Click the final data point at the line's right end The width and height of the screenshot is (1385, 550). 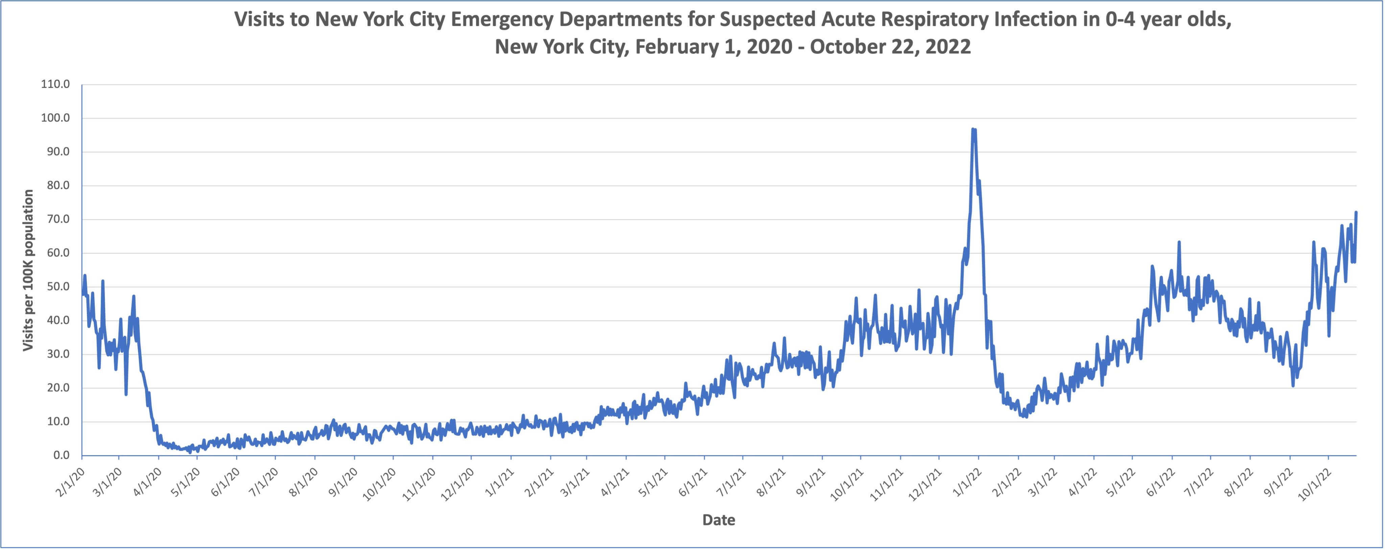pyautogui.click(x=1356, y=212)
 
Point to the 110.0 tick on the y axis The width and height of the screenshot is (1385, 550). pyautogui.click(x=55, y=85)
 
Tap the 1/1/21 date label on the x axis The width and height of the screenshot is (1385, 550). pyautogui.click(x=500, y=480)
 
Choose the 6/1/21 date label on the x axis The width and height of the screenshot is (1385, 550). pyautogui.click(x=694, y=480)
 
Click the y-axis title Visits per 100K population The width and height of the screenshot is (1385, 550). pyautogui.click(x=28, y=270)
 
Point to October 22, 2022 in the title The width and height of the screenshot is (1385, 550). pyautogui.click(x=890, y=47)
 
